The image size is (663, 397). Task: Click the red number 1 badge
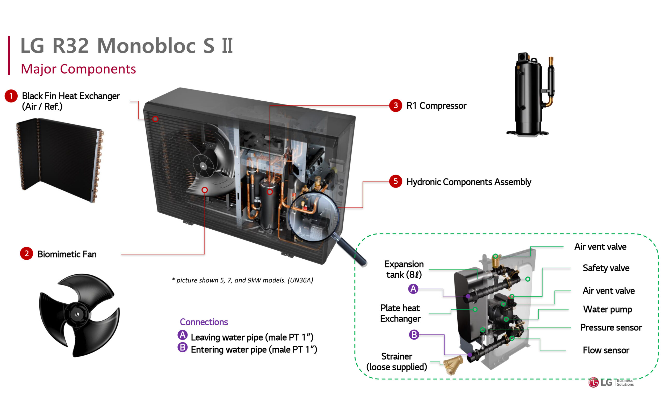[11, 96]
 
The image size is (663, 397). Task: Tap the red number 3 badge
[395, 106]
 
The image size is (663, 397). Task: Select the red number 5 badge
[395, 181]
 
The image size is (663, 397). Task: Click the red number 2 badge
[26, 253]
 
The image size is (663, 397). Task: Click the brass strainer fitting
[453, 365]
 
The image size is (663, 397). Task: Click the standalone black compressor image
[529, 95]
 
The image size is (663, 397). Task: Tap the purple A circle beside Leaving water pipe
[182, 335]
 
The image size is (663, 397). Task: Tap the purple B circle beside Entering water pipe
[182, 347]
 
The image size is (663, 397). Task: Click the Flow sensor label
[606, 350]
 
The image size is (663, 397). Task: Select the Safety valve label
[606, 268]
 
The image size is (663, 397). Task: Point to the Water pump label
[607, 309]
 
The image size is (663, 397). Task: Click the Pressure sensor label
[611, 327]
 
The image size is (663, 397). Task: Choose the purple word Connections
[204, 322]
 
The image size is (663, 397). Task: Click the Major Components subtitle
[78, 69]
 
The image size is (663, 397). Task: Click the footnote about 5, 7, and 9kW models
[242, 280]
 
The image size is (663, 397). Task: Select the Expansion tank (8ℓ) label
[404, 269]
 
